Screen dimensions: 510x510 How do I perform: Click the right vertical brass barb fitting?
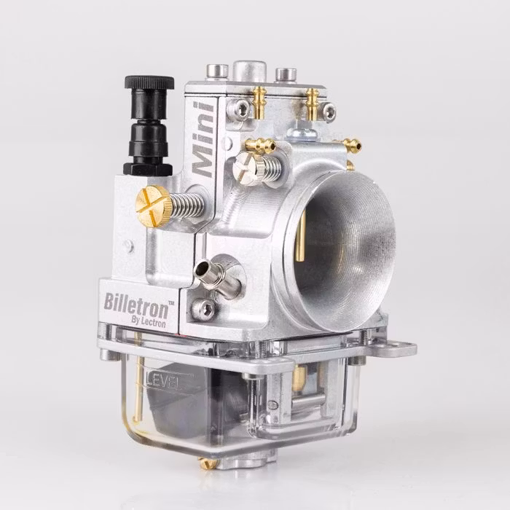point(312,101)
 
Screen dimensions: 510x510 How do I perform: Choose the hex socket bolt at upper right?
point(329,110)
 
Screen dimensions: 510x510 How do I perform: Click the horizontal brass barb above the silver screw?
point(260,145)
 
